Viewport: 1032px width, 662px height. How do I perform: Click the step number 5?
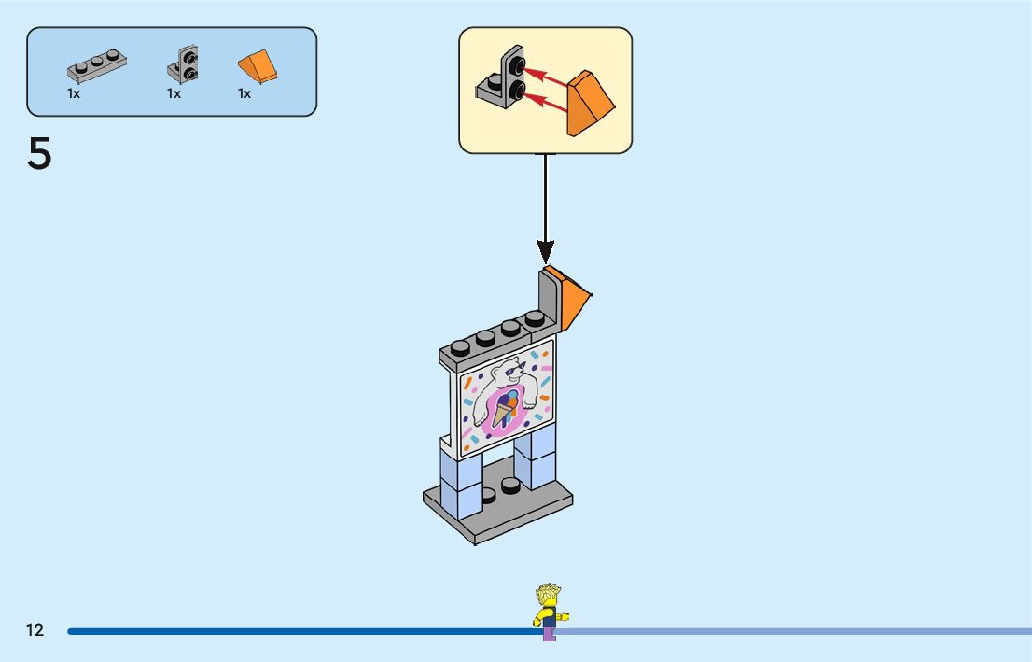[x=39, y=155]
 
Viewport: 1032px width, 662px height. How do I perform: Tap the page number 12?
[x=35, y=630]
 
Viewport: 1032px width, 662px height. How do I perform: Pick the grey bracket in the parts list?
[x=183, y=64]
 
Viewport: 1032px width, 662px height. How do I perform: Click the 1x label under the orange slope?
[x=244, y=93]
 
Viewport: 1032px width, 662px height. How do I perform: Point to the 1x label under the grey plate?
[x=74, y=93]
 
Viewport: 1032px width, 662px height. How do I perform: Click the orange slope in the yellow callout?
[x=590, y=103]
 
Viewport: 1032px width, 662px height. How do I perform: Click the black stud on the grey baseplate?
[x=510, y=486]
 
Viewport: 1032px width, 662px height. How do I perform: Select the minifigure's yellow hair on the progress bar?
[x=548, y=595]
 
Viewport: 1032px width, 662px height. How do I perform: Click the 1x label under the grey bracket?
[x=174, y=93]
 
